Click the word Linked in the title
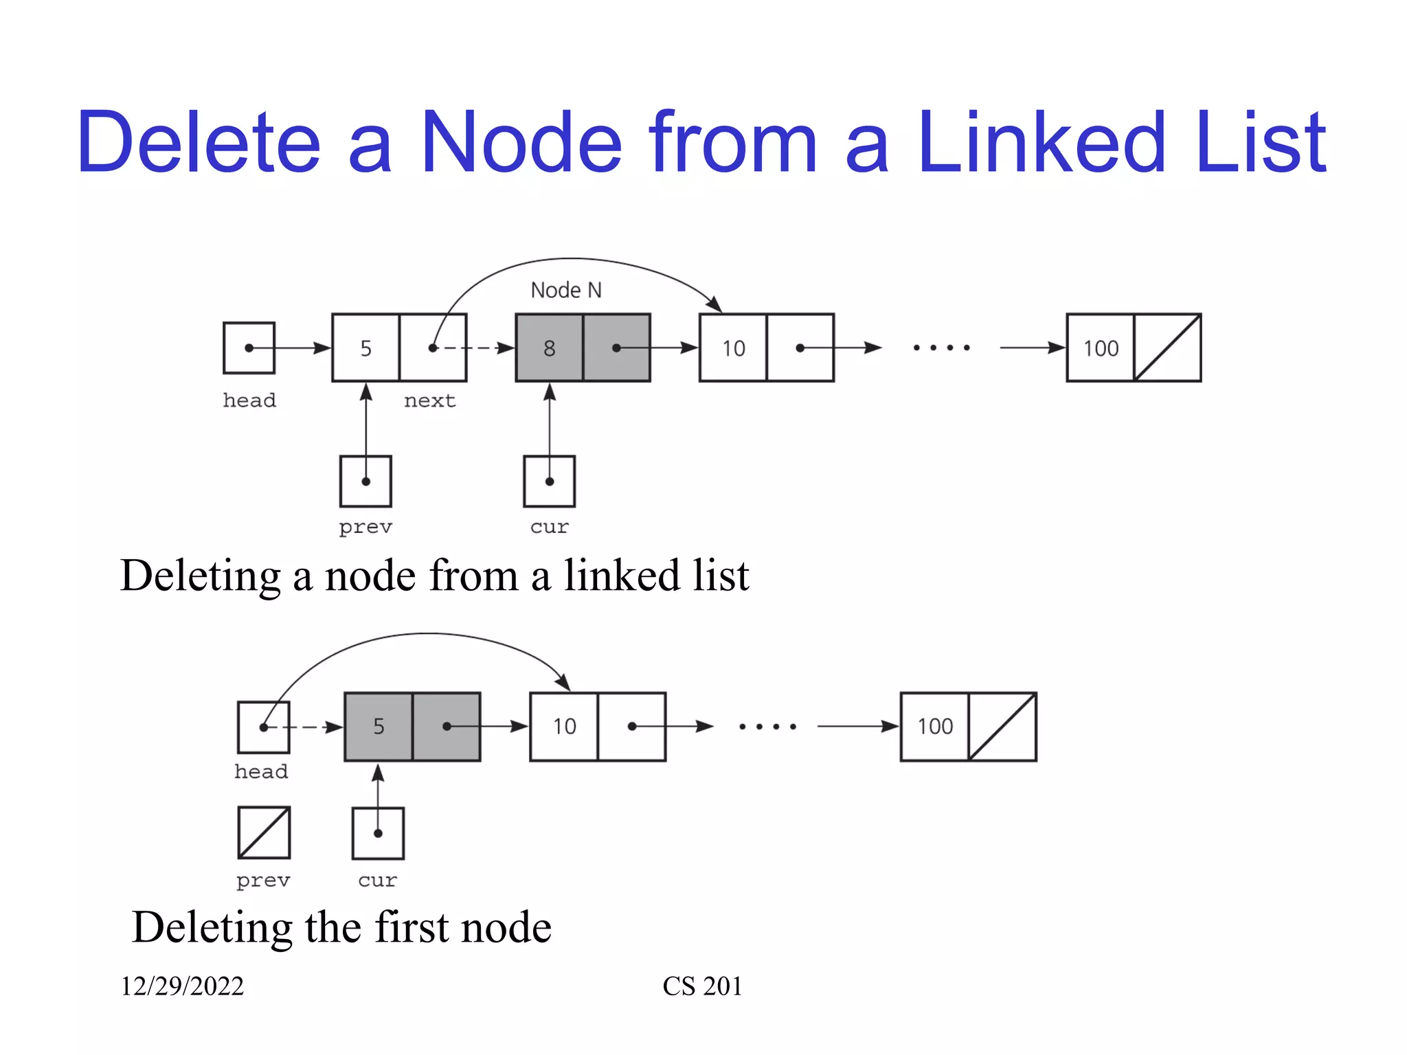coord(1042,143)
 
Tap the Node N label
coord(565,290)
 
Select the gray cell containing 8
coord(549,348)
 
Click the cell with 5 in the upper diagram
coord(365,348)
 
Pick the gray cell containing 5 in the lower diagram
coord(379,726)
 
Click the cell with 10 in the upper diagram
coord(733,348)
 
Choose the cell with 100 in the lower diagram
coord(935,726)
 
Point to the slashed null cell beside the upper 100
coord(1167,348)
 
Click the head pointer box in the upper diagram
coord(249,348)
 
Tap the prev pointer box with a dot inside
coord(365,481)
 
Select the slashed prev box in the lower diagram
coord(264,832)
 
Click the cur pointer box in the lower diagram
coord(378,833)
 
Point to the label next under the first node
coord(429,400)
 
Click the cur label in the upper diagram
coord(549,527)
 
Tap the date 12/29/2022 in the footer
coord(182,986)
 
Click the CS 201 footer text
coord(701,986)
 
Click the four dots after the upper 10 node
coord(941,348)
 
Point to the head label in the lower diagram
coord(261,771)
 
